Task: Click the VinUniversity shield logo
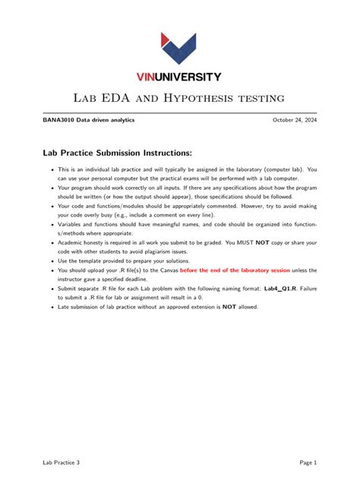179,49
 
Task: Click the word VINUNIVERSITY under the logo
179,77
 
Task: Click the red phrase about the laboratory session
235,270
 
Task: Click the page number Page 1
308,462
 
